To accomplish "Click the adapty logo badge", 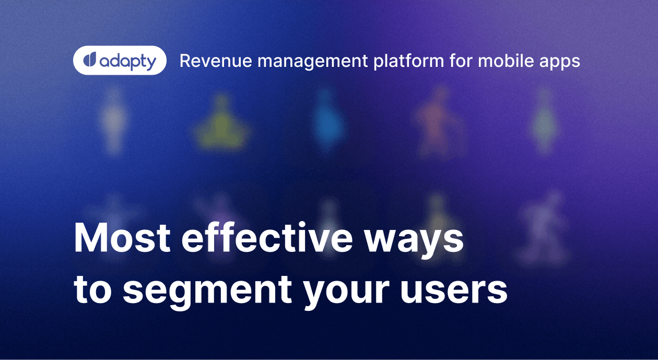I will click(x=120, y=61).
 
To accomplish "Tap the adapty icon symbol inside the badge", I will click(x=89, y=61).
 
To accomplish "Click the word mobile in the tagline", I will click(x=504, y=61).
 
